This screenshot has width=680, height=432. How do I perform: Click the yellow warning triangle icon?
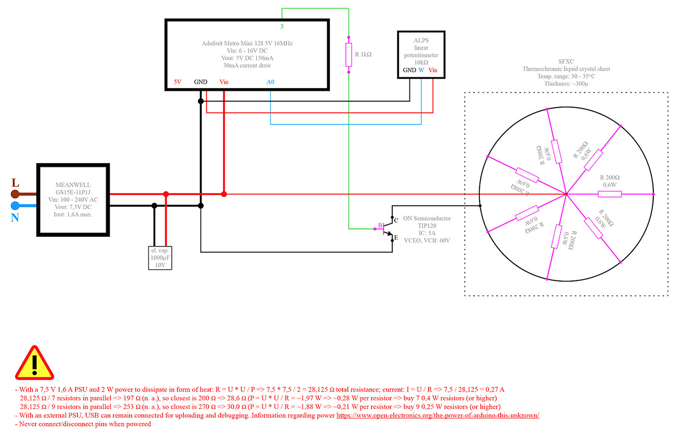click(x=34, y=363)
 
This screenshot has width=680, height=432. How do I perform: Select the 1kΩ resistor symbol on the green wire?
click(x=348, y=54)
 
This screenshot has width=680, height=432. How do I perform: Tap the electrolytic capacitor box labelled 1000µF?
click(x=160, y=258)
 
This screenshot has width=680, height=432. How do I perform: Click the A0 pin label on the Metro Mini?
click(x=270, y=82)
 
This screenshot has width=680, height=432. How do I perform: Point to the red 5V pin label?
click(x=177, y=82)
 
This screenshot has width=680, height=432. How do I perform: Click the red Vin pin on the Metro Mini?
click(x=224, y=82)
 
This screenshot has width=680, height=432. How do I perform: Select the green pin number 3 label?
click(x=282, y=27)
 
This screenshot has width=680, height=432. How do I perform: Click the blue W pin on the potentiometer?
click(x=421, y=70)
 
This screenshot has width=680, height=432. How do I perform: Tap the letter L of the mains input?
click(x=15, y=183)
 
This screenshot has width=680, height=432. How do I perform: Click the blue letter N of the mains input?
click(x=15, y=217)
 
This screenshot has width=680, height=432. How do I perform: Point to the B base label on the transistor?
click(x=380, y=226)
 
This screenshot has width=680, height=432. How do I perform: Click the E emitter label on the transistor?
click(x=396, y=238)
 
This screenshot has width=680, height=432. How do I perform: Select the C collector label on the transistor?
click(x=396, y=220)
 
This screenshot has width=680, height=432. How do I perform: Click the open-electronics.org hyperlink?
click(x=438, y=415)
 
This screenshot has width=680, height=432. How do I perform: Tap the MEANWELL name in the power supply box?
click(x=73, y=185)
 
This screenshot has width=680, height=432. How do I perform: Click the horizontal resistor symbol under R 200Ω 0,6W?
click(x=610, y=194)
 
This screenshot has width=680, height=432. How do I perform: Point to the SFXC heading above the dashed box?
click(x=566, y=62)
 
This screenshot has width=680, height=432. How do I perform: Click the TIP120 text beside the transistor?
click(x=427, y=226)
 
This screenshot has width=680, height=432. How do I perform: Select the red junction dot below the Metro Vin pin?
click(x=224, y=194)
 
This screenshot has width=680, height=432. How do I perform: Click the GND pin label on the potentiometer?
click(x=409, y=70)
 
